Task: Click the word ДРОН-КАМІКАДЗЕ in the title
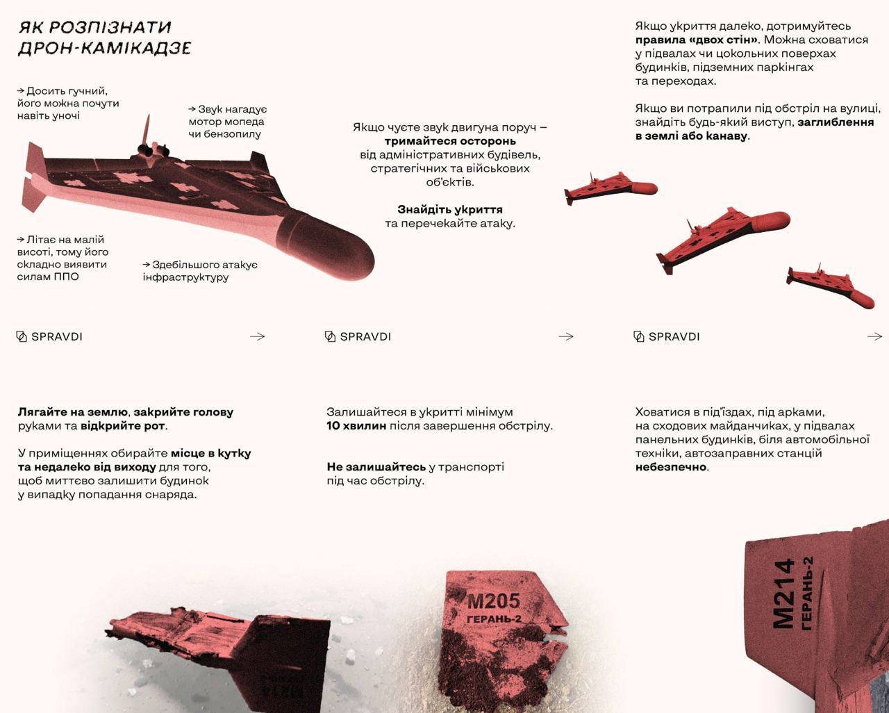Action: coord(104,49)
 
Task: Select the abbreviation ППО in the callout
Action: coord(66,277)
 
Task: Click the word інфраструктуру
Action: coord(185,277)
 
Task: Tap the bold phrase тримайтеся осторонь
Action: coord(451,141)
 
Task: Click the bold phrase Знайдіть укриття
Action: coord(450,209)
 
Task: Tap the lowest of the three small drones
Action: coord(830,286)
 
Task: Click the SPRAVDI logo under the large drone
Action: coord(49,336)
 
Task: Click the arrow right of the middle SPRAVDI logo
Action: coord(566,336)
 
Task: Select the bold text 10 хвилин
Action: coord(356,425)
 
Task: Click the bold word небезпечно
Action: coord(671,467)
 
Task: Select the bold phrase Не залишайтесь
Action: coord(376,466)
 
